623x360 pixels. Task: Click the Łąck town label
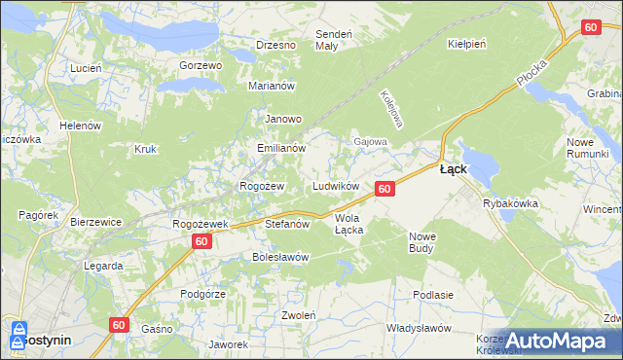pos(453,168)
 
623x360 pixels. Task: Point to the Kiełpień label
pos(467,44)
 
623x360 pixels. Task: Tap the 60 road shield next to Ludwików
pos(385,188)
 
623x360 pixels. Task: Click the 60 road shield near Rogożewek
pos(201,240)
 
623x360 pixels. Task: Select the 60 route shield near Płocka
pos(590,28)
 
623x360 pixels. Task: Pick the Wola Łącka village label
pos(349,224)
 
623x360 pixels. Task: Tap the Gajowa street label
pos(370,141)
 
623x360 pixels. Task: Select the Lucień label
pos(86,68)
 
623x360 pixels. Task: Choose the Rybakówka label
pos(510,203)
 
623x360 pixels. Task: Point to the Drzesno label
pos(275,45)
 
